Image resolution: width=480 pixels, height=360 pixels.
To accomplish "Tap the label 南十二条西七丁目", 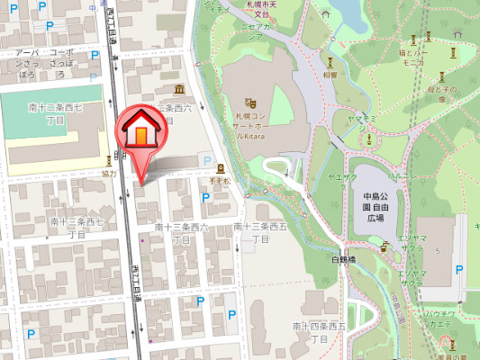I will (x=55, y=113).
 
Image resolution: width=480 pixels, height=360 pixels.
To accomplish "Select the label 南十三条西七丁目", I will (x=77, y=227).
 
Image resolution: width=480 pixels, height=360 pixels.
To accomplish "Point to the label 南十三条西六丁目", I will (x=181, y=233).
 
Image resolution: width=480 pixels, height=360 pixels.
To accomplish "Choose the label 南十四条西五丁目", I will (x=319, y=330).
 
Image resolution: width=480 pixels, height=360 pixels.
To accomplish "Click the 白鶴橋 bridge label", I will (x=344, y=258).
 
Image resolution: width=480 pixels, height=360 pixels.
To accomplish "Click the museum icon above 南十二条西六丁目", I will (x=180, y=89).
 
